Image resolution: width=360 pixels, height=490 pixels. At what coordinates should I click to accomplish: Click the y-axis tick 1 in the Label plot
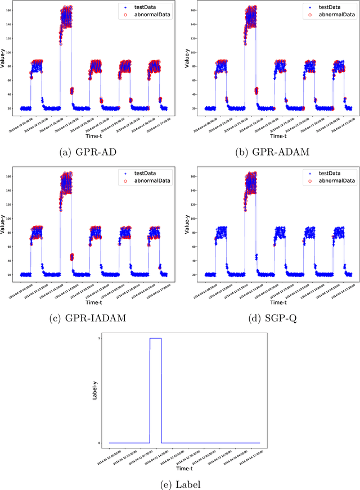click(x=100, y=338)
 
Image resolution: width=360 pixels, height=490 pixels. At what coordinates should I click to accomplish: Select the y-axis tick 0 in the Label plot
click(x=100, y=443)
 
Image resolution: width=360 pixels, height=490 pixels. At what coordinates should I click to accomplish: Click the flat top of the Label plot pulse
click(x=155, y=338)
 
